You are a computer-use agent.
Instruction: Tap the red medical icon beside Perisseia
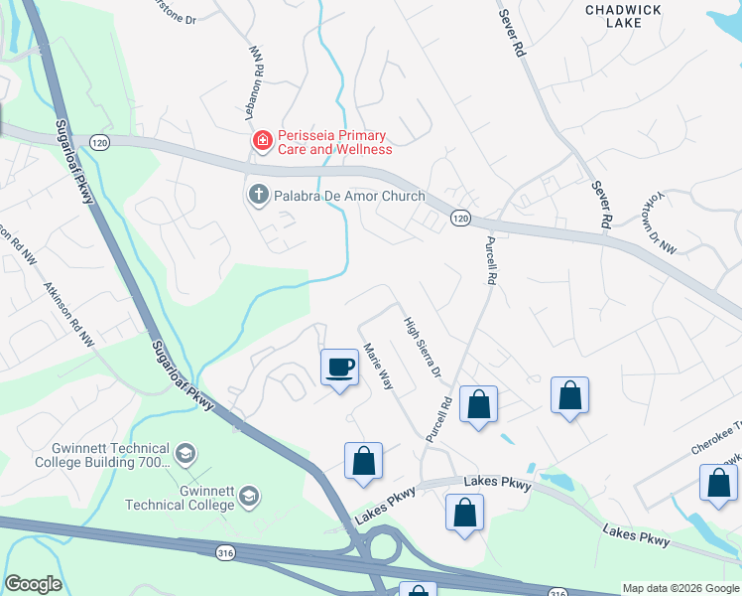pos(262,142)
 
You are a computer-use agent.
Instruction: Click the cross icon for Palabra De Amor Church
pos(257,195)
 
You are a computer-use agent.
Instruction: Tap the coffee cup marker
pos(339,369)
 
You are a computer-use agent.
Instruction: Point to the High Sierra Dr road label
pos(422,348)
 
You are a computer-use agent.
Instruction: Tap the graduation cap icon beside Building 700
pos(185,455)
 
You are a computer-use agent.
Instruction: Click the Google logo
pos(33,584)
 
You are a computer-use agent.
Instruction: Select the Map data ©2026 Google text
pos(680,588)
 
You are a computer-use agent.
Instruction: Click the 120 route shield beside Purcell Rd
pos(459,219)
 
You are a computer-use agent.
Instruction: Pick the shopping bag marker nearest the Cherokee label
pos(717,482)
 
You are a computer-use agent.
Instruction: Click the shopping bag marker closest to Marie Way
pos(363,462)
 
